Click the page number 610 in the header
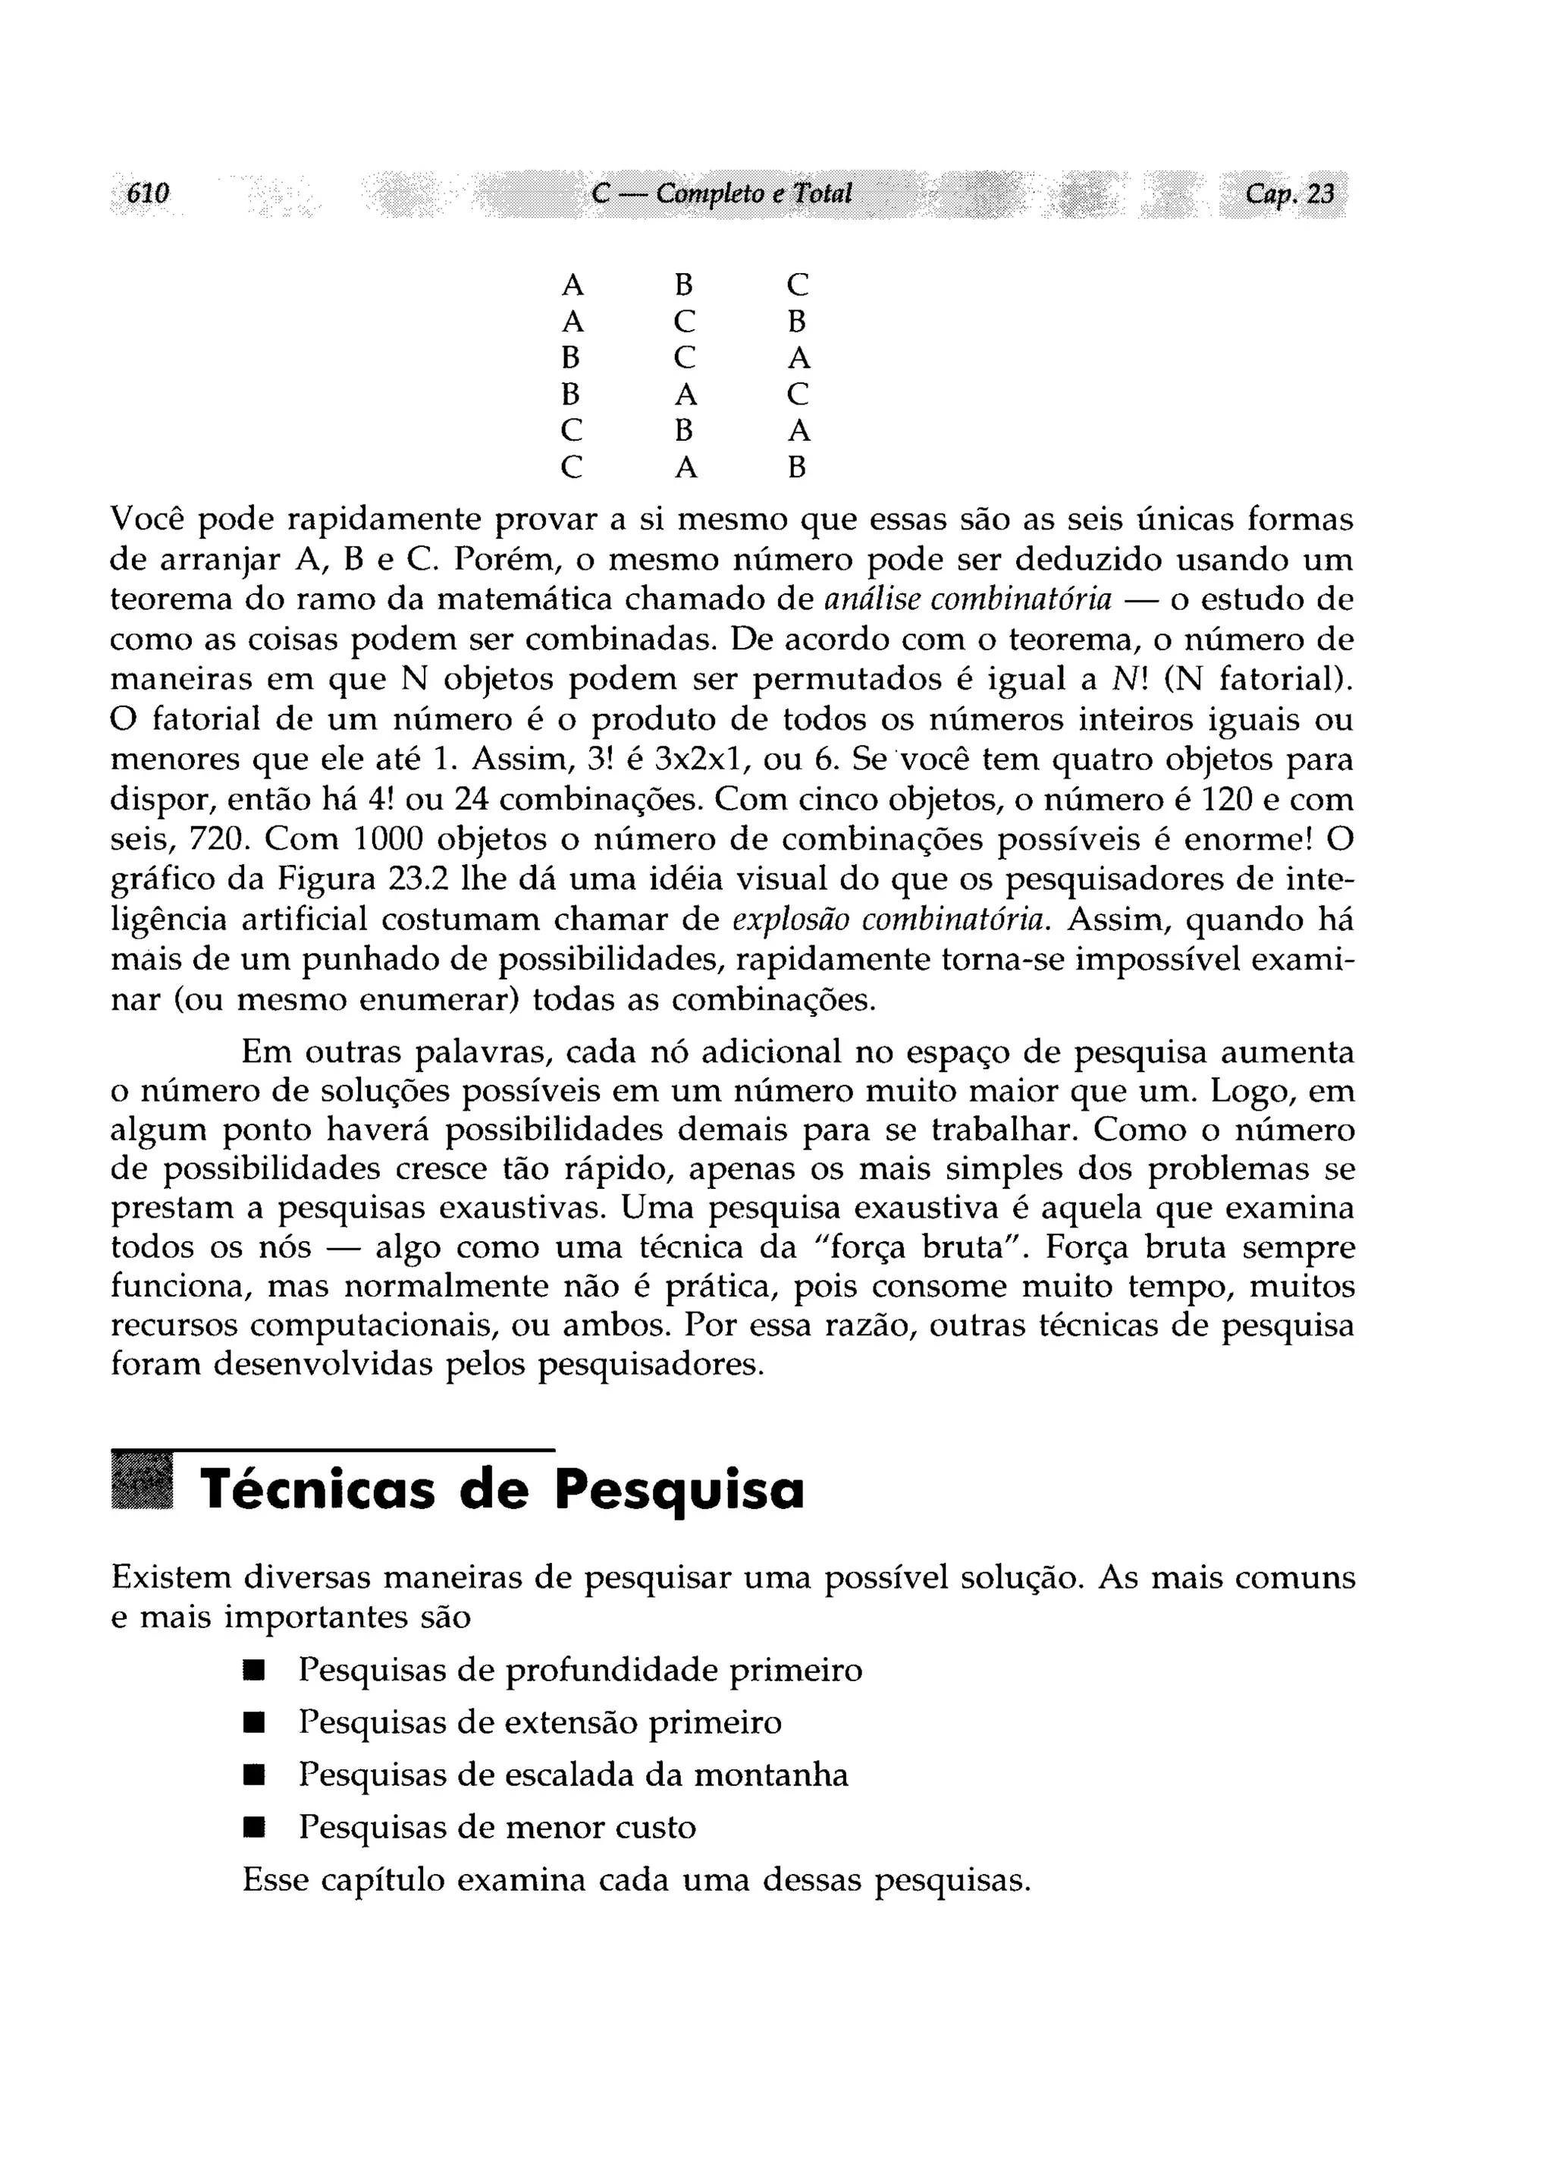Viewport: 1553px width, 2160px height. (x=148, y=194)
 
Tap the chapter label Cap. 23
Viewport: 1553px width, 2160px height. (x=1289, y=194)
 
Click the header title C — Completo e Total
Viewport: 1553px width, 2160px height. (x=721, y=194)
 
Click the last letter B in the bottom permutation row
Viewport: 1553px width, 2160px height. (x=798, y=467)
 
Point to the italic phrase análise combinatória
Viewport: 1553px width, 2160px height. (x=968, y=600)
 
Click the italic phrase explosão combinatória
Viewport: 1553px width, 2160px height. (x=893, y=920)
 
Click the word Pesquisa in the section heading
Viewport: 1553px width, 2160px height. (x=679, y=1492)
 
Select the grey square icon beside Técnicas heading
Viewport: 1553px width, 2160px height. (x=142, y=1482)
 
